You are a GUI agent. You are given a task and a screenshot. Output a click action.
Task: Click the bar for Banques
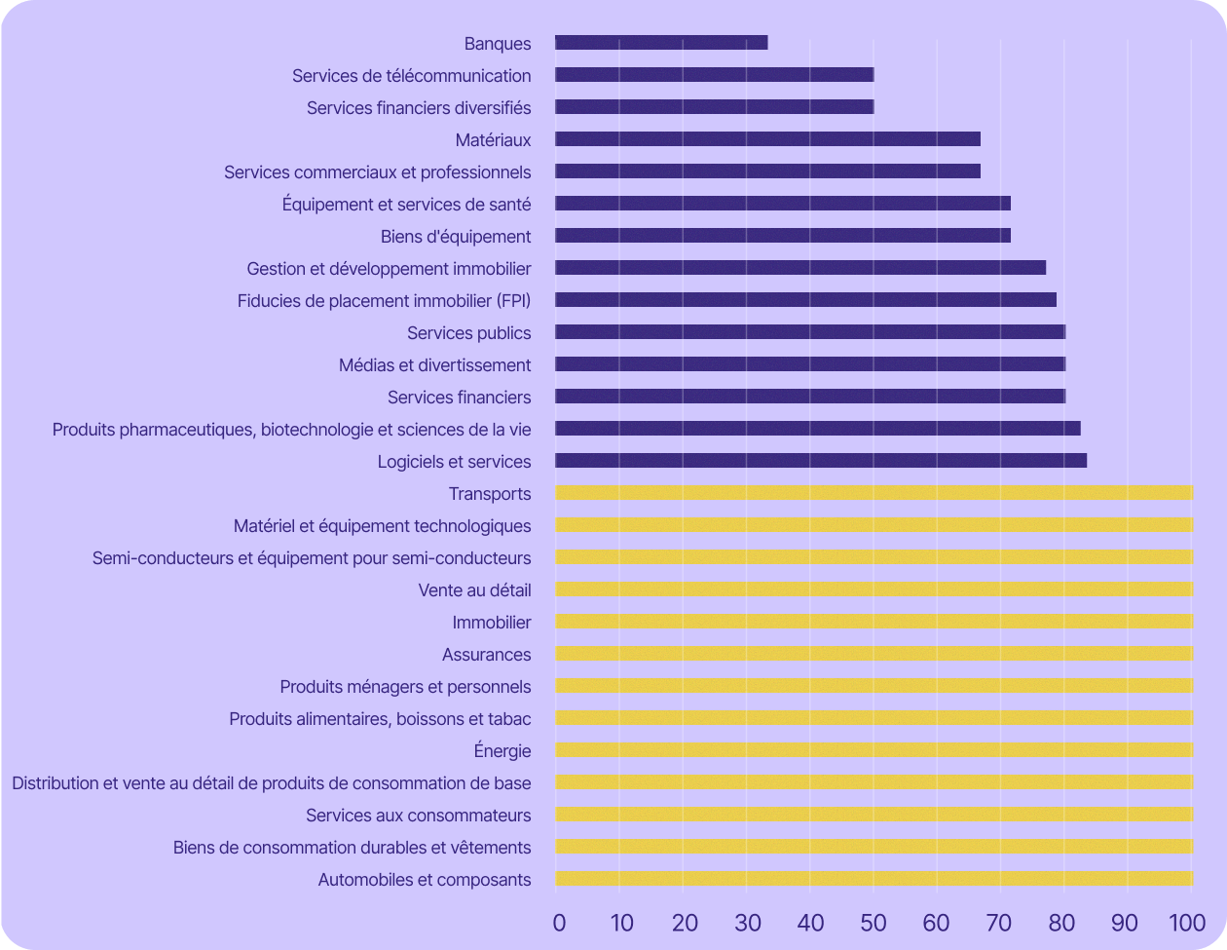click(x=661, y=43)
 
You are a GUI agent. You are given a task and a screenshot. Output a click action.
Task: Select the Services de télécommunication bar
click(x=714, y=75)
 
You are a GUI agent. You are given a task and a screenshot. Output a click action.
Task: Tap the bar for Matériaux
click(x=767, y=139)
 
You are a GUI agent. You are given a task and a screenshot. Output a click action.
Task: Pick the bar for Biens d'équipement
click(x=783, y=236)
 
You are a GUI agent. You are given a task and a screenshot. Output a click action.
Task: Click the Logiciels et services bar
click(x=821, y=461)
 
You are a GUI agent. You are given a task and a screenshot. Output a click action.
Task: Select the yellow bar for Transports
click(x=874, y=493)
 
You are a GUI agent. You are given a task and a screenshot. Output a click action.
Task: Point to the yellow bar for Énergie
click(x=874, y=750)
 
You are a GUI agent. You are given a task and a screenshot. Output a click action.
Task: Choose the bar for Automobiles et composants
click(x=874, y=879)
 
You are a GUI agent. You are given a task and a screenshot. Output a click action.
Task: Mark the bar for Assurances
click(x=874, y=654)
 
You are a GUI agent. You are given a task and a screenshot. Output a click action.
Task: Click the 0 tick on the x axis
click(x=559, y=923)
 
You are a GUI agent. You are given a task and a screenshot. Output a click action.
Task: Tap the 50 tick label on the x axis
click(x=874, y=923)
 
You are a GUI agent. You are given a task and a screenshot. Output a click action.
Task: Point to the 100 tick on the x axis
click(x=1187, y=923)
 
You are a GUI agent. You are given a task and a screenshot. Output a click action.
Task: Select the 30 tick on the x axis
click(x=748, y=923)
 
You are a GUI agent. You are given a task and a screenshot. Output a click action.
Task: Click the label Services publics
click(x=468, y=333)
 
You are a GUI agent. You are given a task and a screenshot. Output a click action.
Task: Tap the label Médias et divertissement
click(x=434, y=365)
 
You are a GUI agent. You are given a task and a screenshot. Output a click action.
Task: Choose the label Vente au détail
click(x=474, y=590)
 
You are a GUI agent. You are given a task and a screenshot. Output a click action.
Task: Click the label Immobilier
click(x=492, y=623)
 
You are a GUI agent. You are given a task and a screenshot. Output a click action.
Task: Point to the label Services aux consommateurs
click(x=419, y=816)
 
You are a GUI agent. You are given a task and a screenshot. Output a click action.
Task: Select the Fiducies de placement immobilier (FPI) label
click(x=384, y=301)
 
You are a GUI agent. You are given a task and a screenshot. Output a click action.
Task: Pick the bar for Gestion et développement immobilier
click(x=800, y=268)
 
